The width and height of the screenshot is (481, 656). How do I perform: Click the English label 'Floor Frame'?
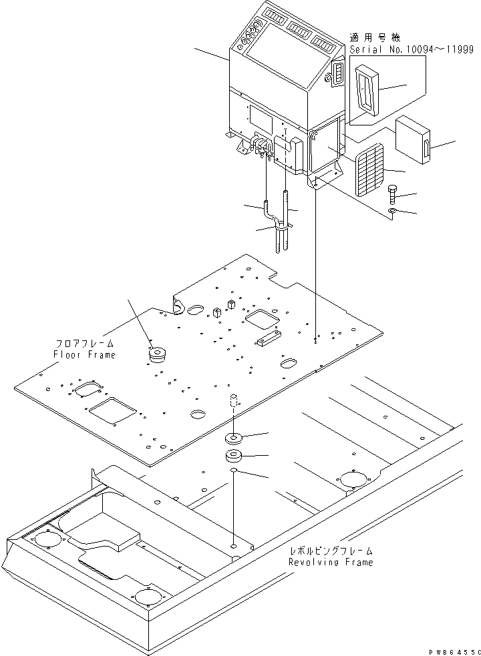coord(84,354)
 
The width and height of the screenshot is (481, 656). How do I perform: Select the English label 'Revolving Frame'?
coord(330,562)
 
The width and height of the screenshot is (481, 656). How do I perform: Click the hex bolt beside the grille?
coord(392,193)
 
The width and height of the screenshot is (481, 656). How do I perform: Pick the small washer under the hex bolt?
coord(393,212)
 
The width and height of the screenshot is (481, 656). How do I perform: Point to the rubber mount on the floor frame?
coord(158,354)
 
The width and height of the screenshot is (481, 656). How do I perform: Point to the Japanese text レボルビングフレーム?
coord(331,551)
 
